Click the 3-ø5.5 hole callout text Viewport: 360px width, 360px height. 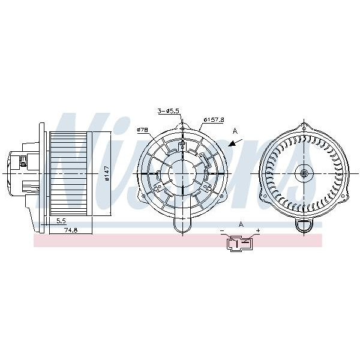[x=168, y=112]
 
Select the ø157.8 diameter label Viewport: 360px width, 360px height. [x=214, y=119]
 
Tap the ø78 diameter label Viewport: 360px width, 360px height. [x=142, y=130]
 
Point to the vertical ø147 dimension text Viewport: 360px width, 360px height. [x=107, y=173]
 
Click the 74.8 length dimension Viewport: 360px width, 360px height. [x=71, y=231]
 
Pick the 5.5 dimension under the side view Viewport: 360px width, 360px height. [x=61, y=221]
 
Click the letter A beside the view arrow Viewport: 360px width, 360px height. [x=235, y=131]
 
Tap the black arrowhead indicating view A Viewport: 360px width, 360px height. [x=232, y=144]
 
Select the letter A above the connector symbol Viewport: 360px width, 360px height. [x=241, y=224]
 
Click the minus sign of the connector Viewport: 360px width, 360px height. [x=222, y=230]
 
